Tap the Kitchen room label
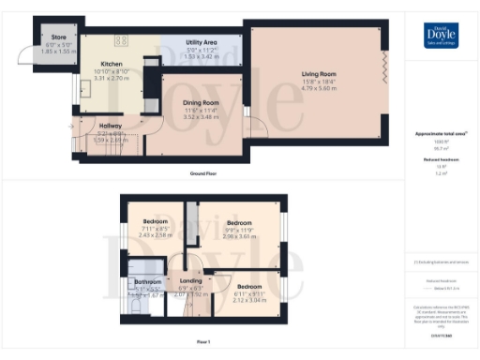(x=112, y=64)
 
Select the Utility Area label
(x=202, y=43)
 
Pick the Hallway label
(x=111, y=126)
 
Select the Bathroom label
(x=148, y=281)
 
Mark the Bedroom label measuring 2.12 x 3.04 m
(x=248, y=286)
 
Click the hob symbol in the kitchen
(x=122, y=39)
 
